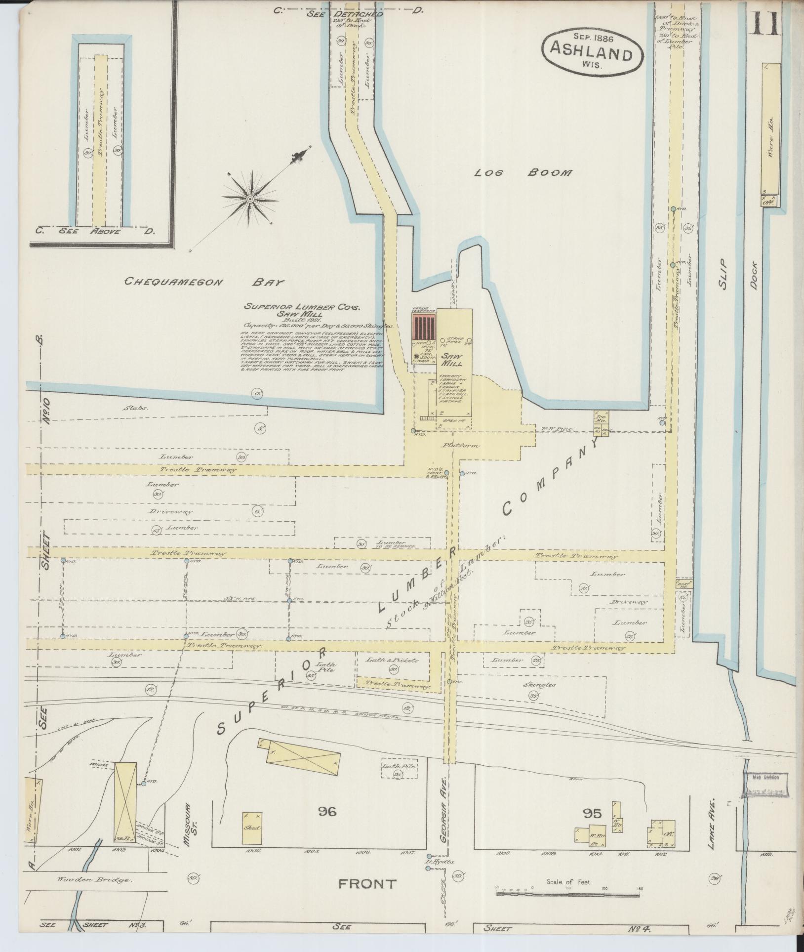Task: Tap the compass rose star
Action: click(x=250, y=199)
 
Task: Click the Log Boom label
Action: click(x=523, y=172)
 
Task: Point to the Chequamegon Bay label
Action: click(x=204, y=282)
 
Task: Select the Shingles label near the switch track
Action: click(x=545, y=685)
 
